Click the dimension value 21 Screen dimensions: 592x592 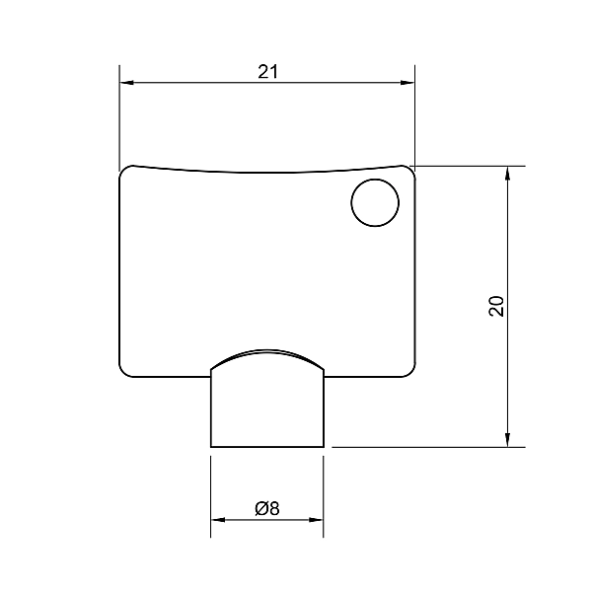click(x=267, y=72)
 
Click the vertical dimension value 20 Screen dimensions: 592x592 click(x=496, y=306)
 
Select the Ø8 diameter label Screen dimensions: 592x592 click(x=267, y=508)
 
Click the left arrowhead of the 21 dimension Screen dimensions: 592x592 click(x=127, y=82)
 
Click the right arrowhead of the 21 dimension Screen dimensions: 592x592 click(x=407, y=82)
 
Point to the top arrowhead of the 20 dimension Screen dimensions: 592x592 click(x=507, y=174)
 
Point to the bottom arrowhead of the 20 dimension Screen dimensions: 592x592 click(x=507, y=440)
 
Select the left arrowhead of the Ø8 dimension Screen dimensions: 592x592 click(x=218, y=520)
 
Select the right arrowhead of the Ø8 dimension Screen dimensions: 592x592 click(x=316, y=520)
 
